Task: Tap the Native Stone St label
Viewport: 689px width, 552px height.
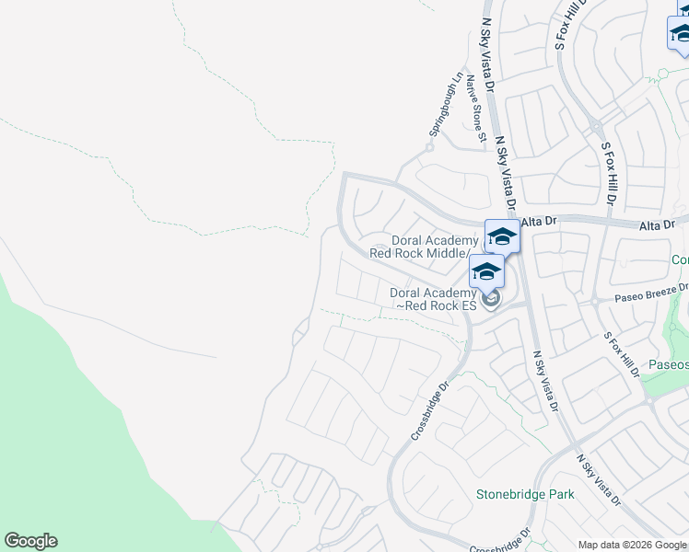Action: (474, 109)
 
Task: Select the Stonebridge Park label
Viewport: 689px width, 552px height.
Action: (525, 494)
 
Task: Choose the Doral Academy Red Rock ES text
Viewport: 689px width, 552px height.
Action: (432, 299)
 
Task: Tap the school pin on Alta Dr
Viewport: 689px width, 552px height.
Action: (502, 236)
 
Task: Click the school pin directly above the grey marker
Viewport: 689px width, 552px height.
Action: (485, 271)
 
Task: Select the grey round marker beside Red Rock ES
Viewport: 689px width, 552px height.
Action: (491, 297)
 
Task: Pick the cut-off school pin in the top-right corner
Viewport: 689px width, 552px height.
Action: (680, 33)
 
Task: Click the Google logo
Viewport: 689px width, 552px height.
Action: (30, 541)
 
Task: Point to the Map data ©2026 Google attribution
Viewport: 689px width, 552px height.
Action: (632, 545)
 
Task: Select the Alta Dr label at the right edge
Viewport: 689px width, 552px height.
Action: (657, 224)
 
